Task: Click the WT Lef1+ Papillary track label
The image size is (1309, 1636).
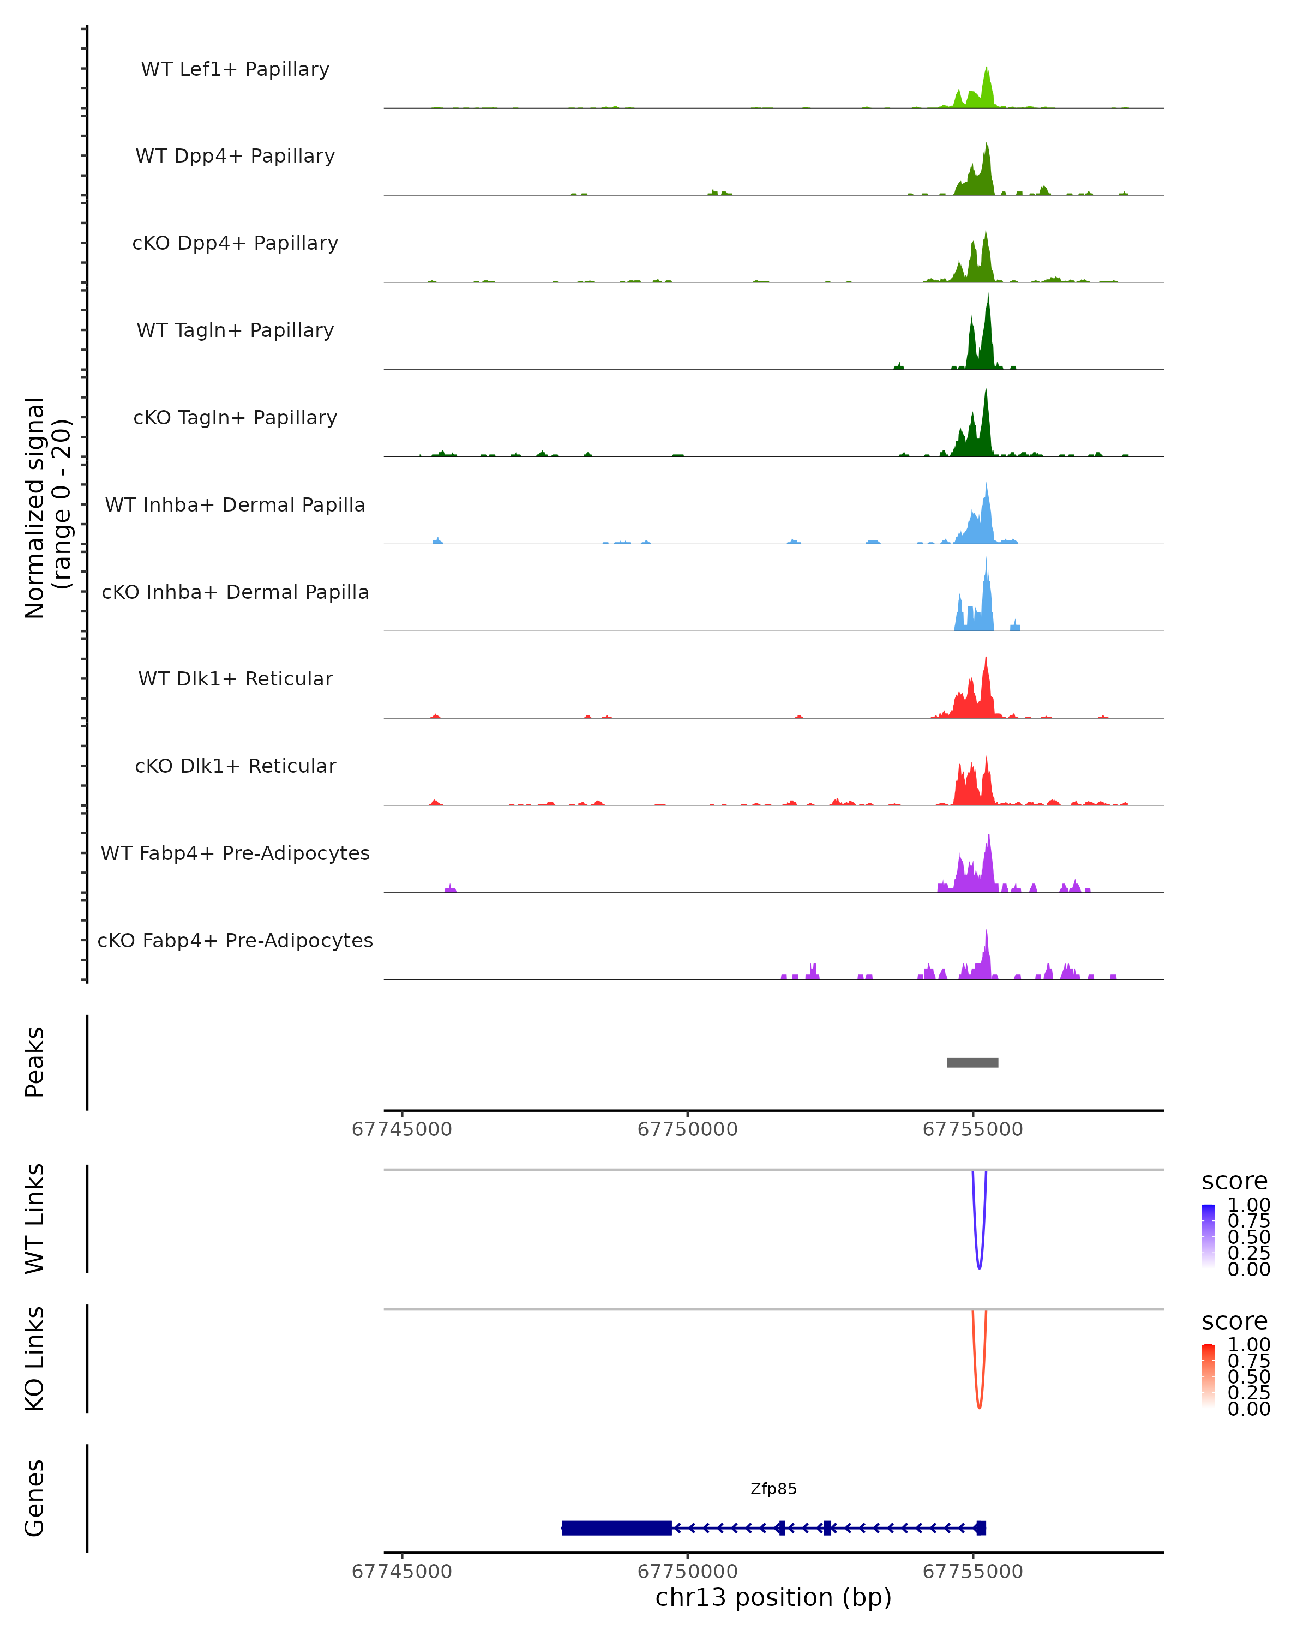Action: tap(235, 69)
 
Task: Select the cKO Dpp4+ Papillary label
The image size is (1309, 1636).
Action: tap(235, 244)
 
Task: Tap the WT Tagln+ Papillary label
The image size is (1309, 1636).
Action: tap(235, 331)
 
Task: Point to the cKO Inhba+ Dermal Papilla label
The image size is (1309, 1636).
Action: tap(235, 593)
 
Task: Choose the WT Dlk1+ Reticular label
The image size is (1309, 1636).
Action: tap(235, 679)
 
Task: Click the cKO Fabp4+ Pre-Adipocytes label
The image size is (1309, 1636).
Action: tap(235, 941)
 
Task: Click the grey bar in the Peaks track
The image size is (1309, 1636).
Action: tap(972, 1063)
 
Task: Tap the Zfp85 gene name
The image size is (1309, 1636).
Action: tap(773, 1489)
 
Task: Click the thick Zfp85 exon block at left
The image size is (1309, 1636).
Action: tap(616, 1528)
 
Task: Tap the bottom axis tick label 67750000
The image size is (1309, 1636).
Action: tap(688, 1572)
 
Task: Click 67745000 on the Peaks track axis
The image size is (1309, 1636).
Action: tap(401, 1130)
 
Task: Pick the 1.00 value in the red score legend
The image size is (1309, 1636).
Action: tap(1249, 1345)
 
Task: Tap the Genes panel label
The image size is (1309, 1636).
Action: tap(35, 1498)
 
